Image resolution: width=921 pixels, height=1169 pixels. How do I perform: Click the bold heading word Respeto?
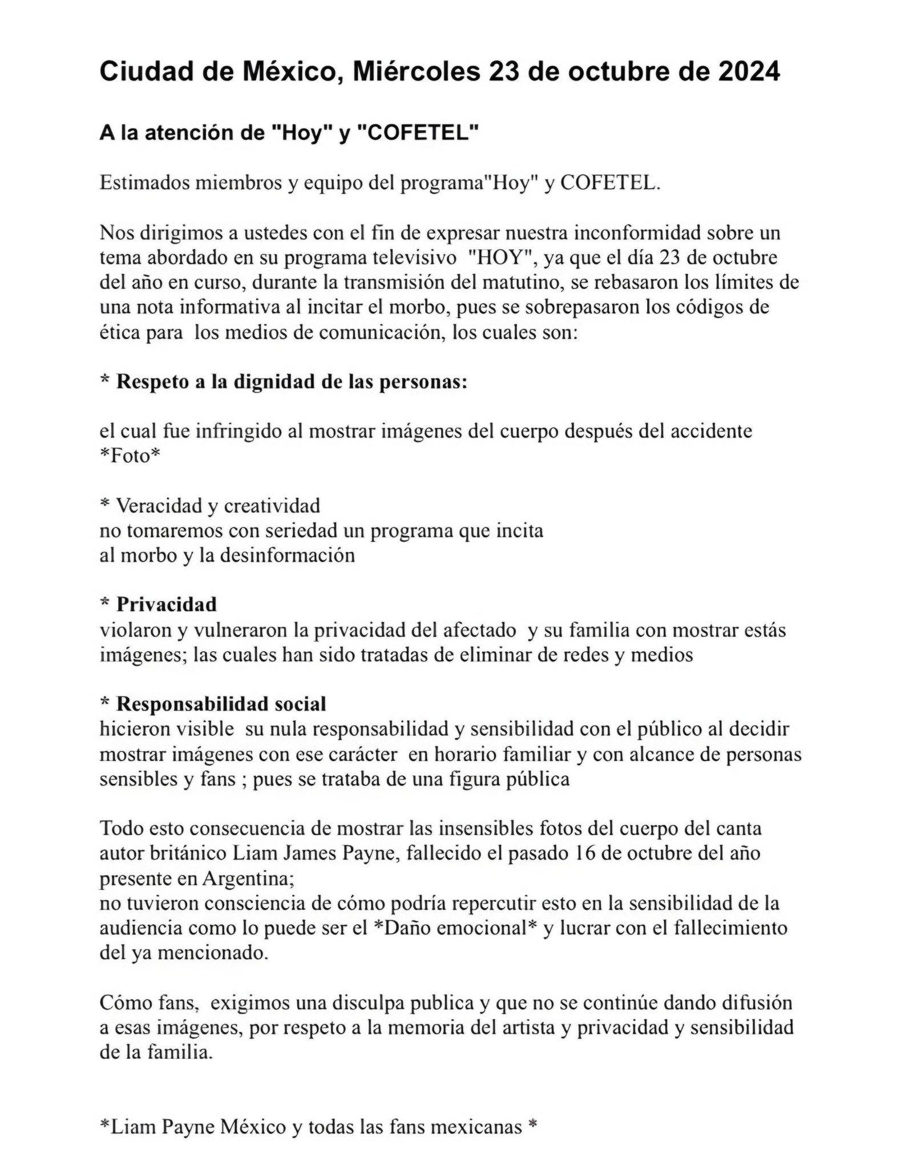tap(151, 382)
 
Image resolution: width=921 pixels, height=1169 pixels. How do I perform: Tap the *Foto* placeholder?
tap(130, 456)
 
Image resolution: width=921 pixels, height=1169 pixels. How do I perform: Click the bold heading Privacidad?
tap(166, 604)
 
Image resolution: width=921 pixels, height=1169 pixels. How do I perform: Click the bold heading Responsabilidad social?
tap(221, 704)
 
